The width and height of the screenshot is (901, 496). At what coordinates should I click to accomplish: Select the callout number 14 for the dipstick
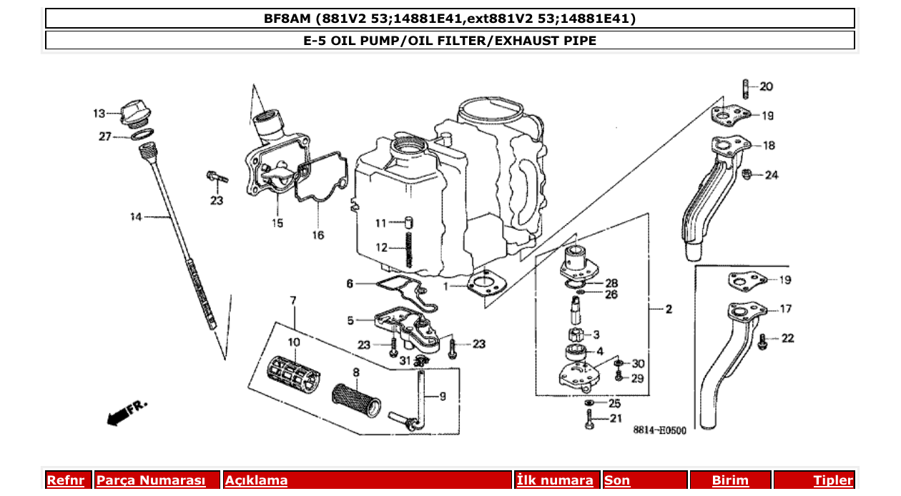coord(135,217)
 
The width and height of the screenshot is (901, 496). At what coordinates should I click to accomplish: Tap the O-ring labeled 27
coord(143,135)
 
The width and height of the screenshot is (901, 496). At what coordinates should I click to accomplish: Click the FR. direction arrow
coord(126,413)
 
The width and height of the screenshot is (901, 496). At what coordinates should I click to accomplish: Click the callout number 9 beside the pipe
coord(442,396)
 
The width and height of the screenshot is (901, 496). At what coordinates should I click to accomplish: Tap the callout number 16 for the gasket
coord(317,234)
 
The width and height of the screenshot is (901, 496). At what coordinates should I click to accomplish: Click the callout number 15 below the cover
coord(277,223)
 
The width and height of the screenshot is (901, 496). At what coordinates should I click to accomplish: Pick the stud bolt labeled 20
coord(744,88)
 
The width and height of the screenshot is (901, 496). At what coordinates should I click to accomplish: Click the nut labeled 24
coord(747,174)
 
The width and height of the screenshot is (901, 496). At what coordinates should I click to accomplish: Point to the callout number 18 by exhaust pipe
coord(769,146)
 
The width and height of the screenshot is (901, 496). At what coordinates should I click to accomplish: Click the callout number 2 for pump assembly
coord(668,309)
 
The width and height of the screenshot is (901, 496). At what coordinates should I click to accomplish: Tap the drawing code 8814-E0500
coord(659,430)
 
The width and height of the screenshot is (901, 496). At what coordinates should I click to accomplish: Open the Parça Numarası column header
coord(150,480)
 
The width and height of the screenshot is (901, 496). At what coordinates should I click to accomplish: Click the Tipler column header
coord(832,480)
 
